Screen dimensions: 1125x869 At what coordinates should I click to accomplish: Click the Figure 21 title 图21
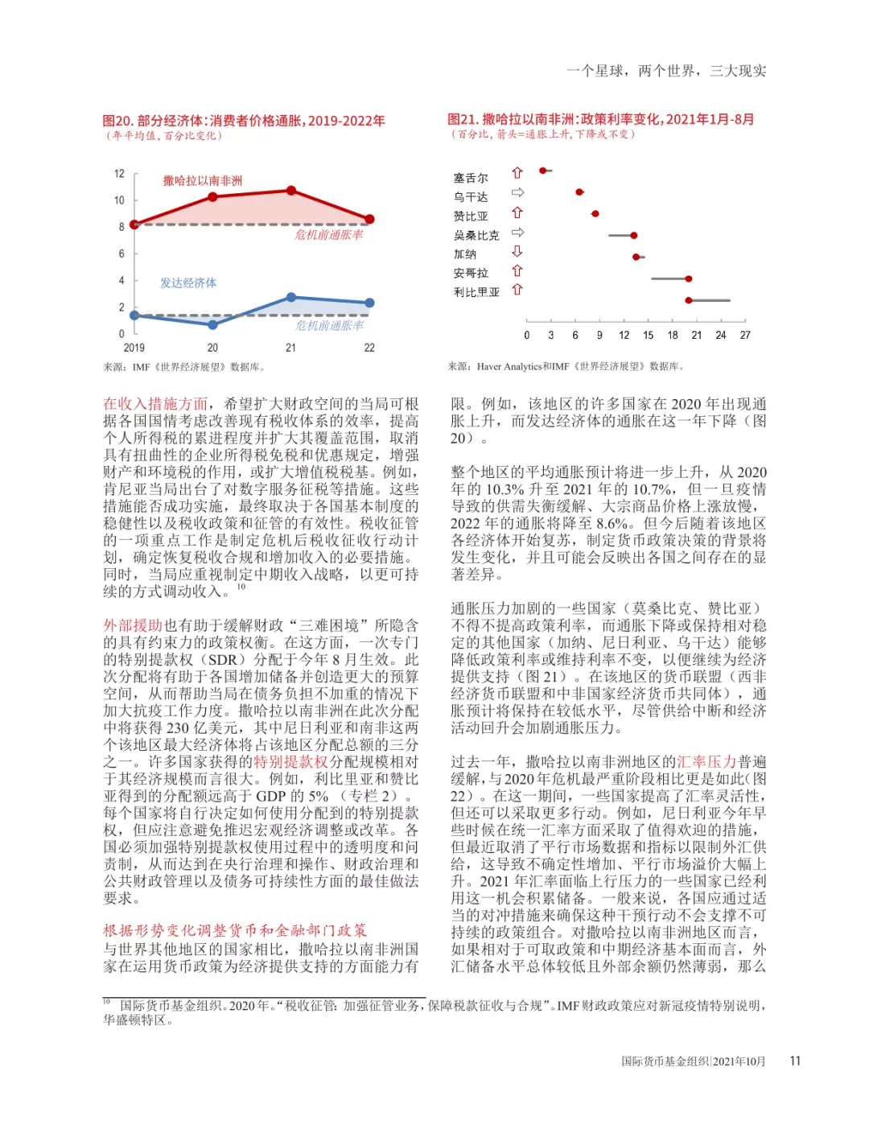(x=463, y=119)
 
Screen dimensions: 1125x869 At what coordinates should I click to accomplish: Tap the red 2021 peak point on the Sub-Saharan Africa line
(x=291, y=191)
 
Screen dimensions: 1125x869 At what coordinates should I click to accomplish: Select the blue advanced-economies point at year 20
(x=212, y=324)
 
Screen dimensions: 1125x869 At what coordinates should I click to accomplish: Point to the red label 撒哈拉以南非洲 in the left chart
(x=202, y=180)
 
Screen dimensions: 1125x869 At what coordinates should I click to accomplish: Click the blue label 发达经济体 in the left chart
(x=187, y=282)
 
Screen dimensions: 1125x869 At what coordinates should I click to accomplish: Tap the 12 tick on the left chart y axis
(x=119, y=174)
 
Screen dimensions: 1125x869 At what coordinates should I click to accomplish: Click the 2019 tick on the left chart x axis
(x=134, y=348)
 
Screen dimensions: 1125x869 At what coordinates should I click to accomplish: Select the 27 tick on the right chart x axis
(x=745, y=335)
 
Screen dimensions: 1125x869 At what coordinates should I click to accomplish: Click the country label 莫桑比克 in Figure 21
(x=476, y=235)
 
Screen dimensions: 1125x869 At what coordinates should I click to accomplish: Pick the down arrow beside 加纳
(x=517, y=252)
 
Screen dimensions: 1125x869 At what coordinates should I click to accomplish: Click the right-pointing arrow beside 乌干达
(x=517, y=192)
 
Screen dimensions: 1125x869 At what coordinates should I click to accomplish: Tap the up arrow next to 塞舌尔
(x=517, y=173)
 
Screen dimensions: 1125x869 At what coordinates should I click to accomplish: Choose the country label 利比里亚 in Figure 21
(x=476, y=292)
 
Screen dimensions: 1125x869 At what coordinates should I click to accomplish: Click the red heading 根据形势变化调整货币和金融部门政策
(x=234, y=930)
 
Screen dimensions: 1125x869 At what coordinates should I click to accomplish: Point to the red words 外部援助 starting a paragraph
(x=133, y=625)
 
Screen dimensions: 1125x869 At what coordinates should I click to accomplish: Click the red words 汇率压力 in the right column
(x=706, y=761)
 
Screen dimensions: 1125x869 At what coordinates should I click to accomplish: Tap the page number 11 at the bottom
(x=795, y=1061)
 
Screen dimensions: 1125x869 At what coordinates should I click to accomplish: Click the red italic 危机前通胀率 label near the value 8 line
(x=328, y=235)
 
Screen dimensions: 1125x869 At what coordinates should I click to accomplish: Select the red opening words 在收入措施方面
(x=155, y=404)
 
